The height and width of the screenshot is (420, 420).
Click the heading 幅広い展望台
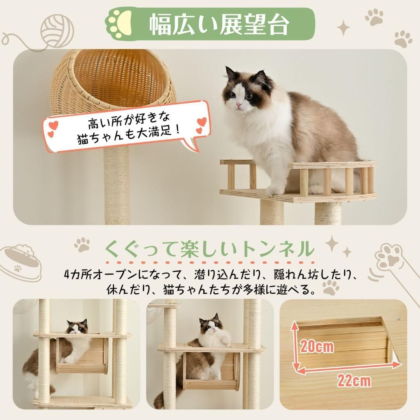pos(219,24)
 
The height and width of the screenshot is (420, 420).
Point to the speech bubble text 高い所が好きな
pos(129,121)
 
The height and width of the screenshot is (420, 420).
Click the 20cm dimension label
pos(317,347)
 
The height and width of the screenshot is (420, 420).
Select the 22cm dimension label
pos(354,381)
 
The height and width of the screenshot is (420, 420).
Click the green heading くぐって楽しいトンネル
pos(210,249)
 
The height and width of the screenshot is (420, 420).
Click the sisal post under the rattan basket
pos(117,185)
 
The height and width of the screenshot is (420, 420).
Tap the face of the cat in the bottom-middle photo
pos(211,324)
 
